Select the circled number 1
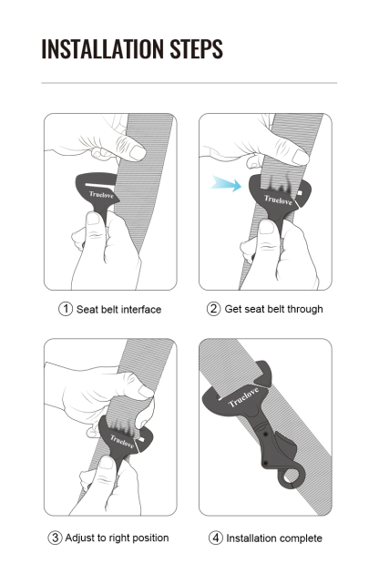(x=66, y=309)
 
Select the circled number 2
(x=214, y=309)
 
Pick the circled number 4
(x=217, y=538)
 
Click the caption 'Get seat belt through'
(x=273, y=309)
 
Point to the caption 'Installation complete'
(x=274, y=538)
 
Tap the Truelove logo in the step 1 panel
(x=101, y=193)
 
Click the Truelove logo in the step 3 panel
(x=121, y=442)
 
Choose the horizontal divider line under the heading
(x=189, y=83)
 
